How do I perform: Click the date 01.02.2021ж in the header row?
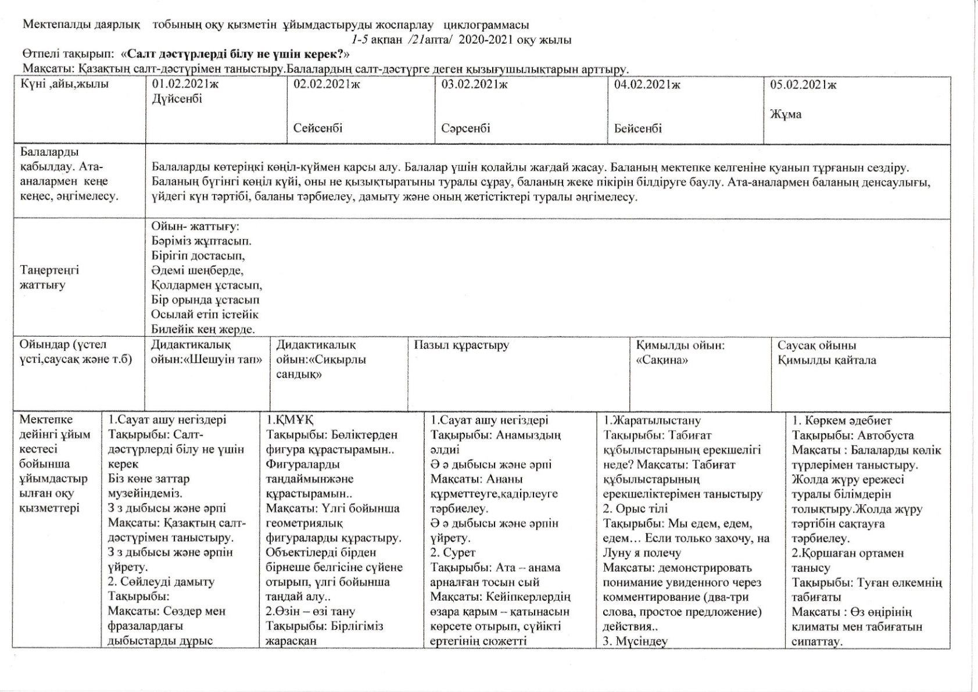tap(185, 84)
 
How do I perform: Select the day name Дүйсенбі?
tap(177, 99)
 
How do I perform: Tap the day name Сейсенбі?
tap(318, 128)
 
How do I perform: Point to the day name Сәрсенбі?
tap(465, 128)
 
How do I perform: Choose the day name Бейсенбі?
tap(637, 129)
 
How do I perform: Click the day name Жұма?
tap(786, 114)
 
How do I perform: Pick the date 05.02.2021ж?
tap(803, 85)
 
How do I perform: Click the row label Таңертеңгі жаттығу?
tap(50, 277)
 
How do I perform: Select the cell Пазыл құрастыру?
tap(461, 345)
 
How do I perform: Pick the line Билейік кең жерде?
tap(203, 329)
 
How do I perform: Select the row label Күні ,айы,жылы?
tap(65, 84)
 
